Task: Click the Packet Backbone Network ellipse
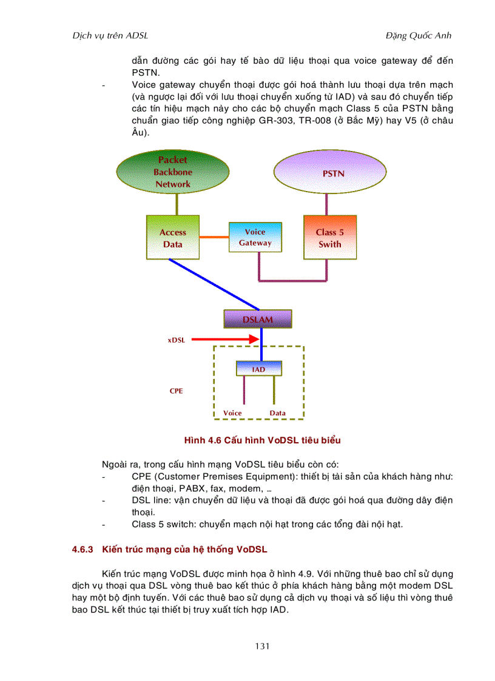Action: pos(172,172)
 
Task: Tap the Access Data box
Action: pos(172,238)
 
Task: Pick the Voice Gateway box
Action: pos(255,237)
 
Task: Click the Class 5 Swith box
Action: pos(329,238)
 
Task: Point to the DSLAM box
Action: pos(258,319)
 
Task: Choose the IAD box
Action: pos(258,369)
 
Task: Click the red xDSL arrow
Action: pos(225,340)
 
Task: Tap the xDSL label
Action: pos(177,340)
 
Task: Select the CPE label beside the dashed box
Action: pos(176,391)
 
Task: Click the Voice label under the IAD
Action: pos(232,413)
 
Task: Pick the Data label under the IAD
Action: pos(277,413)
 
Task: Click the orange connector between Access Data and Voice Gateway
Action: pos(214,237)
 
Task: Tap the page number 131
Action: pos(262,646)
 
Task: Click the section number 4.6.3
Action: pos(82,549)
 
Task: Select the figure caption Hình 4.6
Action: pos(267,440)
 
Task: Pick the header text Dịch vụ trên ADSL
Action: pos(110,35)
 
